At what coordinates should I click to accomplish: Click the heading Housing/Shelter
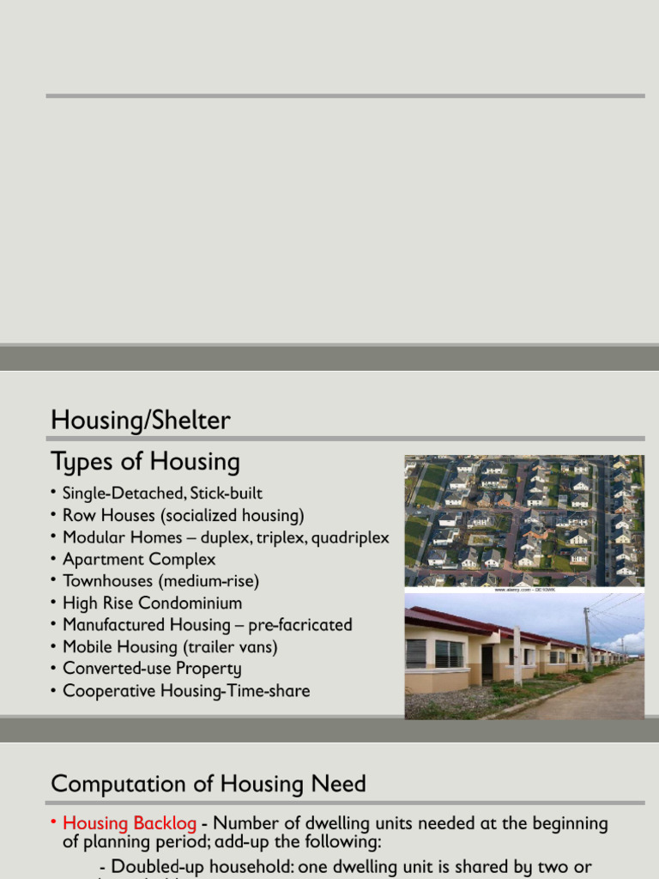[141, 421]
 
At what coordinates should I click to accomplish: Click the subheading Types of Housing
[145, 462]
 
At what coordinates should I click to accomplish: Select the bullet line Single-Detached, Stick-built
[162, 494]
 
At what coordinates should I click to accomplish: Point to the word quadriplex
[350, 538]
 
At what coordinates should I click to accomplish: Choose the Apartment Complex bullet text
[139, 560]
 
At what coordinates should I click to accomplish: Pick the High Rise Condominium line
[152, 603]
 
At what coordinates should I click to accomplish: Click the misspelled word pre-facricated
[300, 625]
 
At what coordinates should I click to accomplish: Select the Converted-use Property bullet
[152, 669]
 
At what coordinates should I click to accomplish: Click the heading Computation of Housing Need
[209, 784]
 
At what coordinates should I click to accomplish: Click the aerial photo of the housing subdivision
[523, 520]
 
